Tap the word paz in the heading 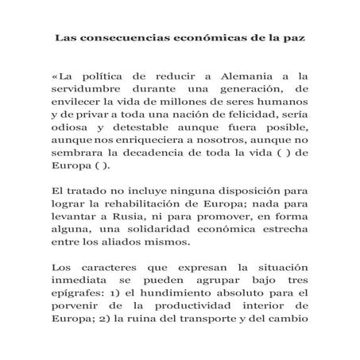point(296,38)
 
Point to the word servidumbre point(89,91)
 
